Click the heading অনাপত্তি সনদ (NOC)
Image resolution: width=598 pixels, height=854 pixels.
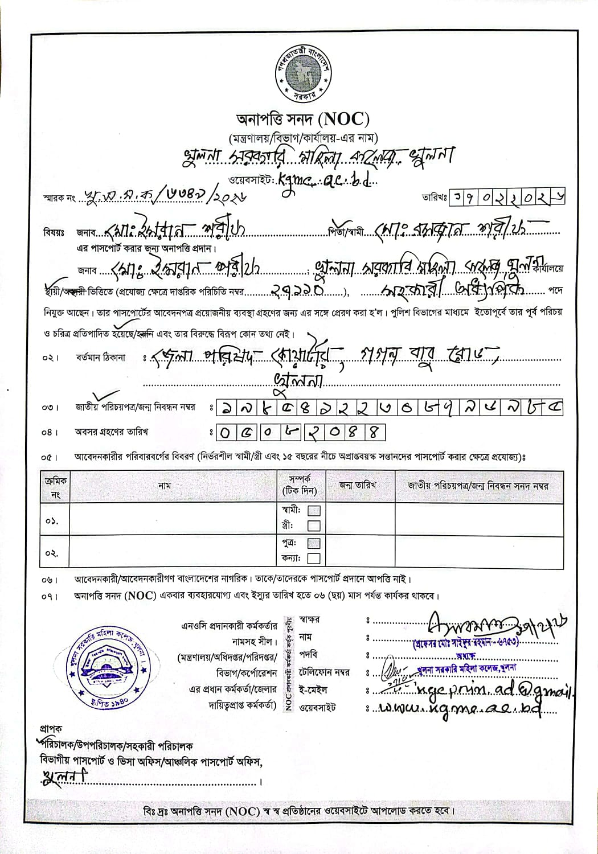[x=303, y=120]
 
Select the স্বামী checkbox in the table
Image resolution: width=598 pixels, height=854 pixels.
[x=314, y=511]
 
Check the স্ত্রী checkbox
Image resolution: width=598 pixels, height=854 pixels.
[x=314, y=526]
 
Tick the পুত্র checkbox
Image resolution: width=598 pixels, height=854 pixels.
[x=314, y=543]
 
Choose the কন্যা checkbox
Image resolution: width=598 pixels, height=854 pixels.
[x=314, y=559]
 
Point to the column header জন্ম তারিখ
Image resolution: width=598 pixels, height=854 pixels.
[x=358, y=486]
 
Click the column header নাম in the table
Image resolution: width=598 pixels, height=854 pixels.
[x=165, y=486]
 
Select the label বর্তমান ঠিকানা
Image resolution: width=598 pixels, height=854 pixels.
[x=100, y=358]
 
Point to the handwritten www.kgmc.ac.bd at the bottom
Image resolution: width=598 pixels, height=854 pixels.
[x=456, y=708]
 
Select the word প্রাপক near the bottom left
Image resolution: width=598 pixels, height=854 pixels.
[x=51, y=728]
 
